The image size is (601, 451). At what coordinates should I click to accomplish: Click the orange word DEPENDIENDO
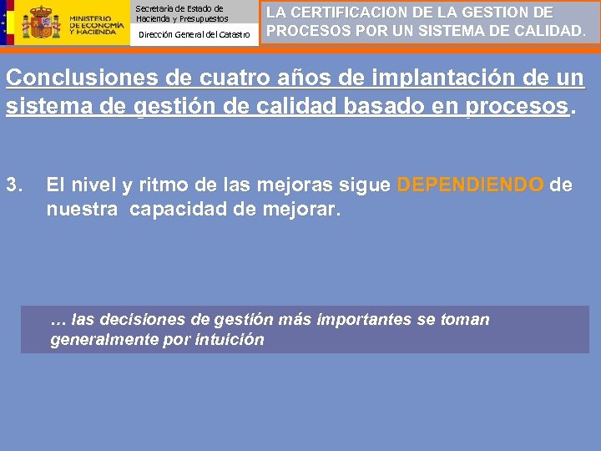470,185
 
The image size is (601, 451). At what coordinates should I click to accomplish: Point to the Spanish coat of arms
41,23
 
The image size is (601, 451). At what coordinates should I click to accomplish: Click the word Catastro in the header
235,34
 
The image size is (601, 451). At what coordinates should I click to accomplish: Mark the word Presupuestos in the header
201,18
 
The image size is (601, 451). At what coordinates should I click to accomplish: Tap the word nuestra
82,208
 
